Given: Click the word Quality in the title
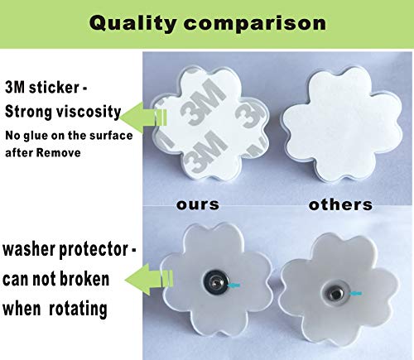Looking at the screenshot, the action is pyautogui.click(x=132, y=23).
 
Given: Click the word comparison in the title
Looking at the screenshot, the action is pyautogui.click(x=255, y=24).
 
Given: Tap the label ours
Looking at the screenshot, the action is pyautogui.click(x=198, y=204).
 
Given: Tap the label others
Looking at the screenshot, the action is pyautogui.click(x=340, y=204).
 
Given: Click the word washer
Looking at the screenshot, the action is pyautogui.click(x=29, y=249).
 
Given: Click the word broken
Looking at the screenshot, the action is pyautogui.click(x=84, y=279).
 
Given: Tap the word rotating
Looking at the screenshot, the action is pyautogui.click(x=78, y=309).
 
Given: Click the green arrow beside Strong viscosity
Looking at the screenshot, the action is pyautogui.click(x=143, y=118).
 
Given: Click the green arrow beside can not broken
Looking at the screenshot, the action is pyautogui.click(x=149, y=279).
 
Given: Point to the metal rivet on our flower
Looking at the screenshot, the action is pyautogui.click(x=216, y=282).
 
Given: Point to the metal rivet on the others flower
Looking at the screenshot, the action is pyautogui.click(x=335, y=293).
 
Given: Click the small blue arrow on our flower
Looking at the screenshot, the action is pyautogui.click(x=233, y=286).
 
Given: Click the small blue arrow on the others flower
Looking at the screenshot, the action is pyautogui.click(x=355, y=294).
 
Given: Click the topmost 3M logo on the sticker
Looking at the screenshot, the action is pyautogui.click(x=204, y=101).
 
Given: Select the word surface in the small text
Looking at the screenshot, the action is pyautogui.click(x=111, y=136).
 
